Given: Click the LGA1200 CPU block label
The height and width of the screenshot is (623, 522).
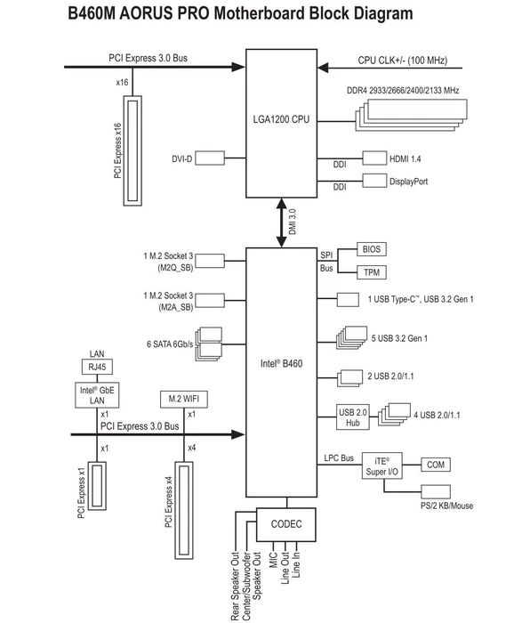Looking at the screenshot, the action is [281, 119].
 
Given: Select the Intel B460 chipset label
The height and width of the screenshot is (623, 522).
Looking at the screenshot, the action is [281, 363].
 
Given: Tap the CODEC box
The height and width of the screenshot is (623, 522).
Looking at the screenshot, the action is [285, 524].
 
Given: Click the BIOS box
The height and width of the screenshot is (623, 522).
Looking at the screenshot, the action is [372, 249].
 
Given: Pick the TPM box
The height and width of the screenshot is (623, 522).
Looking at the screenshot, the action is [372, 272].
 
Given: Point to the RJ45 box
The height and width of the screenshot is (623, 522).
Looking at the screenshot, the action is [97, 367].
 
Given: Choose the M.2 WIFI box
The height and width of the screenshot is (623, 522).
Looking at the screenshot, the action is [184, 399].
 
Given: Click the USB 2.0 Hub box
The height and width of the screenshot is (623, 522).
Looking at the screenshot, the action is [353, 417].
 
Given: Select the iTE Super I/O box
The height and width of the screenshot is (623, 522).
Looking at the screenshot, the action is [381, 465].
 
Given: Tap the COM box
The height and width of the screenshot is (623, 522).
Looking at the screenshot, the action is [436, 465].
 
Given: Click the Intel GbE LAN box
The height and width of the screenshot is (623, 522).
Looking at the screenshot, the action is [97, 395].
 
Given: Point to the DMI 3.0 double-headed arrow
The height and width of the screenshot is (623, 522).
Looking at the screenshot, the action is [281, 222].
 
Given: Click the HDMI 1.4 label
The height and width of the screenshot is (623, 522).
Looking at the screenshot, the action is [405, 159].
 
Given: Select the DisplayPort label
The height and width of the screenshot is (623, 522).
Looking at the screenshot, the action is [408, 182].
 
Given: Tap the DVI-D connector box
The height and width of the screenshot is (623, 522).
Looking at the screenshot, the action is [210, 158].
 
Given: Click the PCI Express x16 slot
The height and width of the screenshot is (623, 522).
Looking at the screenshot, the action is [133, 151].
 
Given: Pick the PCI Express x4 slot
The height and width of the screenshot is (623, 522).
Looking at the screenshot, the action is [184, 511].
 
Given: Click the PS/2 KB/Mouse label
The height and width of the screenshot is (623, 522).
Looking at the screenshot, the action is [446, 506].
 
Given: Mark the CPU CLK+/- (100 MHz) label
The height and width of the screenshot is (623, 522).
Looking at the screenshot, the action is [403, 61].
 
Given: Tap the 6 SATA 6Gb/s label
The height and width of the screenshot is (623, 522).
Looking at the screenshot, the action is [170, 344].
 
